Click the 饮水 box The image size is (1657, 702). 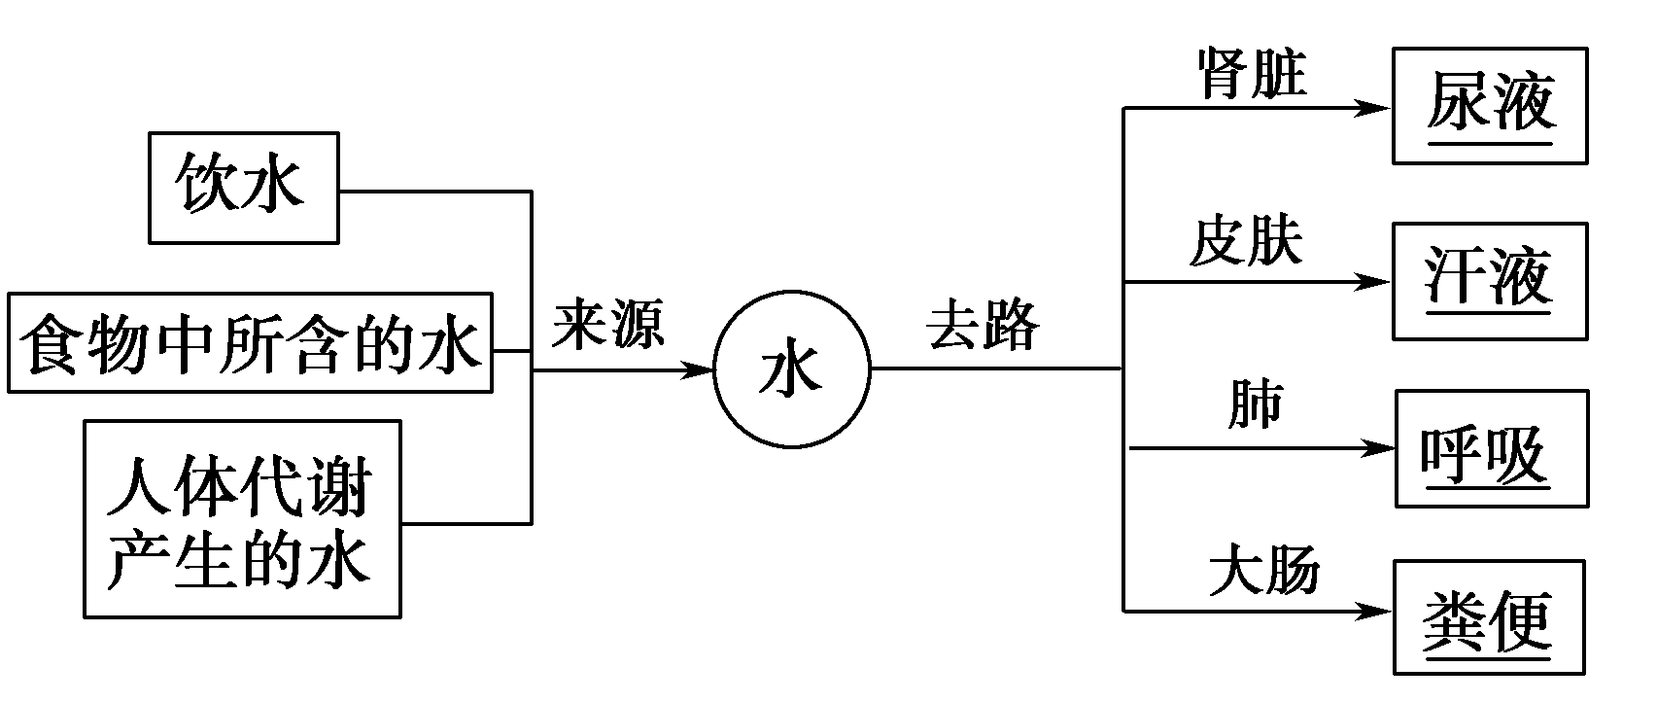pyautogui.click(x=243, y=188)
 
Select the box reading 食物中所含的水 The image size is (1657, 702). pyautogui.click(x=250, y=341)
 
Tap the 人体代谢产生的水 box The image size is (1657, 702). pyautogui.click(x=242, y=519)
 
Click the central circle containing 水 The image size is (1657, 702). pyautogui.click(x=791, y=370)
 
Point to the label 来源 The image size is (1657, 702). pyautogui.click(x=608, y=324)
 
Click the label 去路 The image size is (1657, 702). pyautogui.click(x=983, y=324)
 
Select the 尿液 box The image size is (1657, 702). pyautogui.click(x=1490, y=105)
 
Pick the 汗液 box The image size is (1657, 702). pyautogui.click(x=1490, y=280)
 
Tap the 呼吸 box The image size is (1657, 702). pyautogui.click(x=1492, y=448)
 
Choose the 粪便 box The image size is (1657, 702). pyautogui.click(x=1489, y=617)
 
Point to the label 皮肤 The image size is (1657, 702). pyautogui.click(x=1245, y=240)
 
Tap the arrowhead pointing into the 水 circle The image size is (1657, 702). pyautogui.click(x=700, y=370)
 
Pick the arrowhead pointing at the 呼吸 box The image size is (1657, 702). pyautogui.click(x=1379, y=448)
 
